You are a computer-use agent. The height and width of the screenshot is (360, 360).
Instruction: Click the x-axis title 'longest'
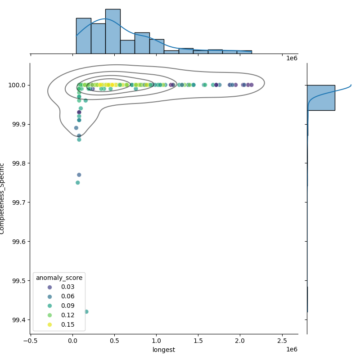164,350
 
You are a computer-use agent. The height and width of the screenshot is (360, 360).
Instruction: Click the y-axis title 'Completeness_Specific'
3,198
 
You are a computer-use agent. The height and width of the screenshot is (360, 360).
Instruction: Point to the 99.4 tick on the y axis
18,320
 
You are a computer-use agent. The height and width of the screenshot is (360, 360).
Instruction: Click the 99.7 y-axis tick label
18,202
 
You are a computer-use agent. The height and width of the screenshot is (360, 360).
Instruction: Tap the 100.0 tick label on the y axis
17,85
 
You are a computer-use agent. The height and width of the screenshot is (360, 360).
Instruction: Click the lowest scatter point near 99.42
86,311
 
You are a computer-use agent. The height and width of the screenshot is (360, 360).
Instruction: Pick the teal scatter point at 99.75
77,183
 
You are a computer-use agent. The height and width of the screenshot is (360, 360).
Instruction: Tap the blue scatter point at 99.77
79,175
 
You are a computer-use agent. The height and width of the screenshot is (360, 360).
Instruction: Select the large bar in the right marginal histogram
321,98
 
